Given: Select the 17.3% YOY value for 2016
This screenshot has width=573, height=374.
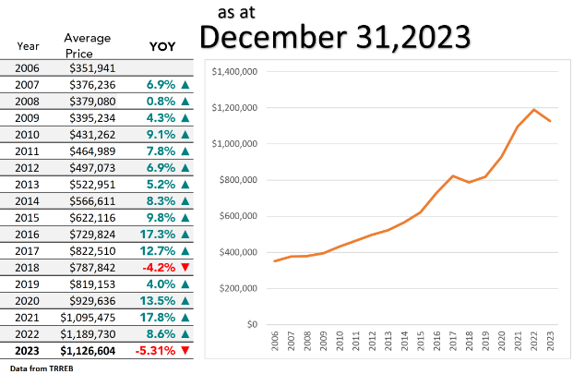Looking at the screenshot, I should tap(160, 234).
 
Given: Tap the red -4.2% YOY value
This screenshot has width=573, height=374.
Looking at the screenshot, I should tap(160, 267).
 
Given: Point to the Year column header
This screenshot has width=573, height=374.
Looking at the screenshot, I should tap(29, 44).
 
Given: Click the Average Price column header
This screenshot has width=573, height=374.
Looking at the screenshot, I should tap(88, 44).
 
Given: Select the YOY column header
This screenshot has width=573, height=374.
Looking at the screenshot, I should tap(163, 45).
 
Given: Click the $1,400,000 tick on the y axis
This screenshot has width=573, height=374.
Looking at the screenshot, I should tap(233, 71).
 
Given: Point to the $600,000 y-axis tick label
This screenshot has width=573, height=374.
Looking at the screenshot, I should tap(237, 216).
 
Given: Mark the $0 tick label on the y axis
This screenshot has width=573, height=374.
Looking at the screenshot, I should tap(250, 325).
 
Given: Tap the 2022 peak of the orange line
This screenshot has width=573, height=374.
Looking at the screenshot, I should tap(533, 110).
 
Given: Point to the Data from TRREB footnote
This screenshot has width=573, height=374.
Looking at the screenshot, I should tap(42, 368).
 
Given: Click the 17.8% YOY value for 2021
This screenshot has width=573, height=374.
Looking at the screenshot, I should tap(160, 317).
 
